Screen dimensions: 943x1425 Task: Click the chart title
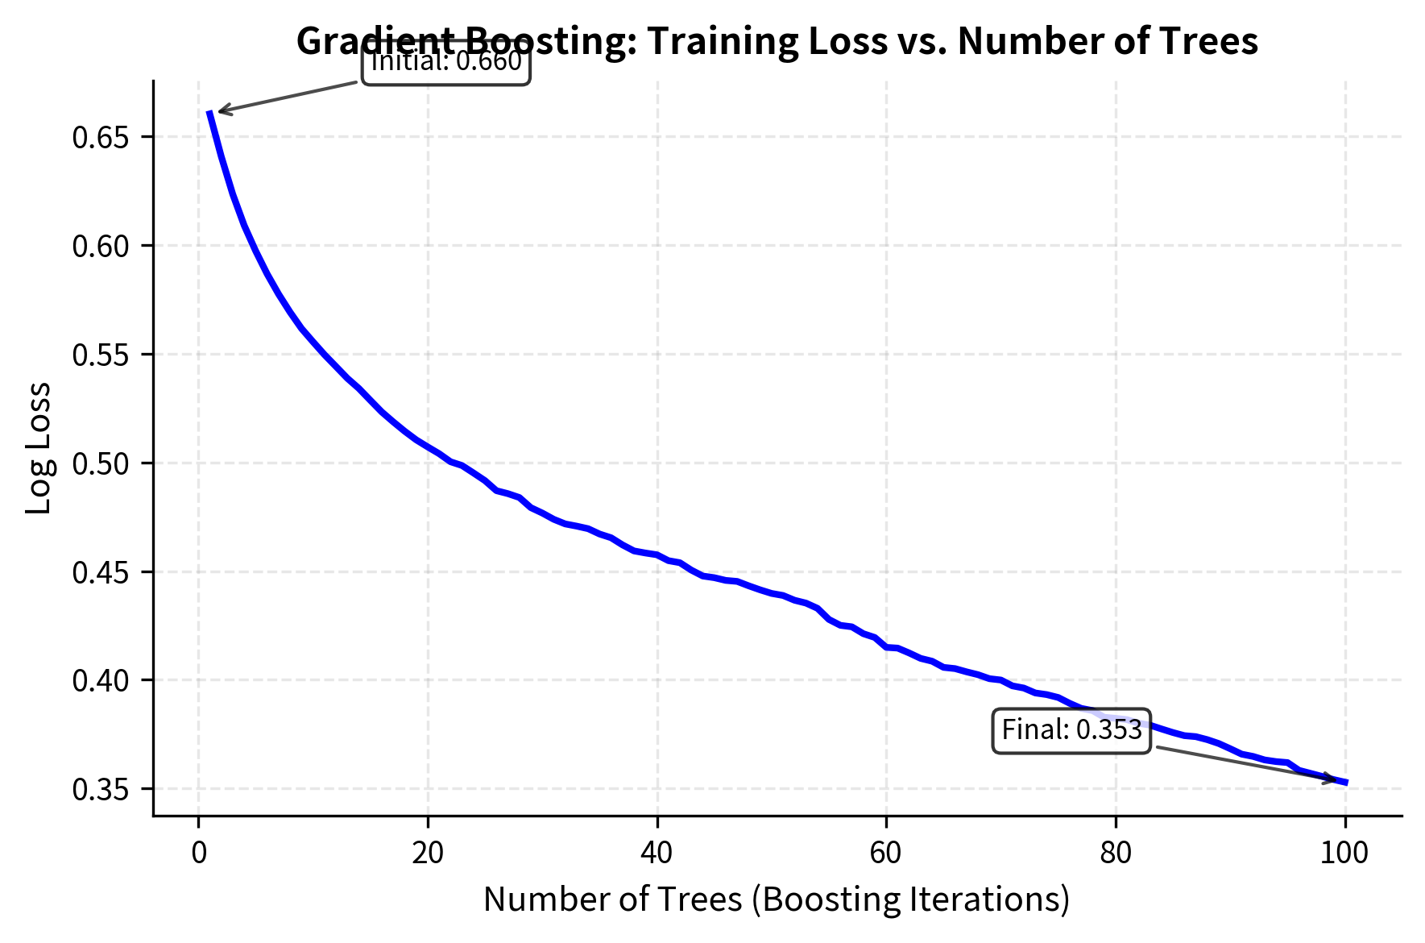777,40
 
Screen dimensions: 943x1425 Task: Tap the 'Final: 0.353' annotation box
1071,730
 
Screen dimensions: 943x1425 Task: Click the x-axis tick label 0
199,853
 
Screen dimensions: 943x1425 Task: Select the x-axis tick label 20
428,853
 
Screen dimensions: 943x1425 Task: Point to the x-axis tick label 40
657,853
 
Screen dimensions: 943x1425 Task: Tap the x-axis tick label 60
886,853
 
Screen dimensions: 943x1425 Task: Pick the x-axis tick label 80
1116,853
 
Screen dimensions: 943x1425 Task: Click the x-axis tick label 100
1344,853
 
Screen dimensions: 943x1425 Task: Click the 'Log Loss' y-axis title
39,448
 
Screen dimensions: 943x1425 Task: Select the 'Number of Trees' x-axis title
777,899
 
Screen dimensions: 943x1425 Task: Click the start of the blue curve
209,112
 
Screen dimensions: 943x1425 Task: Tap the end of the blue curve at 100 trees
1345,782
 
